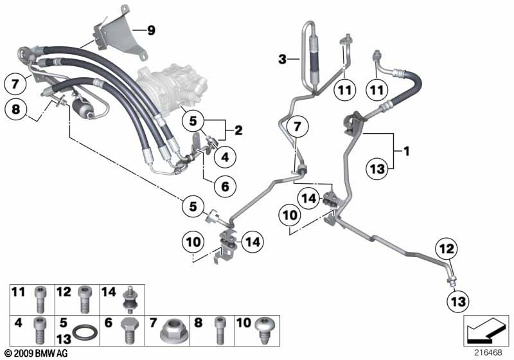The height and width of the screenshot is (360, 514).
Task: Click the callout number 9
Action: pos(151,30)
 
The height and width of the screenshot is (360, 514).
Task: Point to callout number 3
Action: pos(281,60)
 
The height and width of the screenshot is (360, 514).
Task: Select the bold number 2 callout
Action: pos(238,130)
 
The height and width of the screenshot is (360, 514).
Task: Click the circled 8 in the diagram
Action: pos(15,111)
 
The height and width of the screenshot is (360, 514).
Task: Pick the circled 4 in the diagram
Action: pos(225,156)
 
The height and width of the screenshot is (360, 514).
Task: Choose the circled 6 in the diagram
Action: pos(225,186)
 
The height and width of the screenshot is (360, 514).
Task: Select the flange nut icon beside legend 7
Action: pos(174,332)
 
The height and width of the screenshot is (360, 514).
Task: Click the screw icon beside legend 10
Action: pos(264,330)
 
